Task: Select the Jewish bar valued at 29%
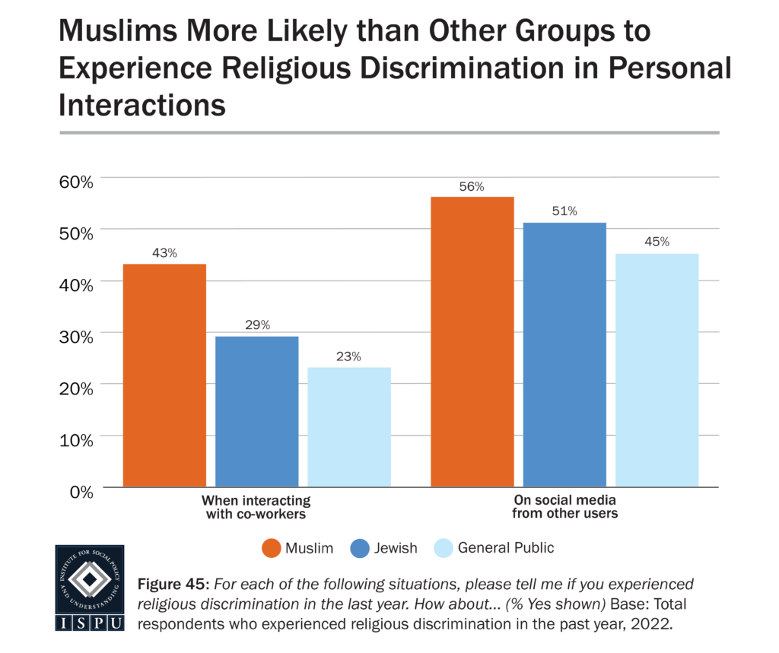pyautogui.click(x=256, y=411)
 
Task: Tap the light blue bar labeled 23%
pyautogui.click(x=349, y=427)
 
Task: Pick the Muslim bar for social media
pyautogui.click(x=472, y=341)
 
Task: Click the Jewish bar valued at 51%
pyautogui.click(x=564, y=354)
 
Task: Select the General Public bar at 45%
pyautogui.click(x=657, y=370)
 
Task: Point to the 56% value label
pyautogui.click(x=472, y=187)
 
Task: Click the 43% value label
pyautogui.click(x=164, y=253)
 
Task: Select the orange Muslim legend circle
pyautogui.click(x=271, y=547)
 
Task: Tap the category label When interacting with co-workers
pyautogui.click(x=256, y=507)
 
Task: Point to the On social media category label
pyautogui.click(x=564, y=507)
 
